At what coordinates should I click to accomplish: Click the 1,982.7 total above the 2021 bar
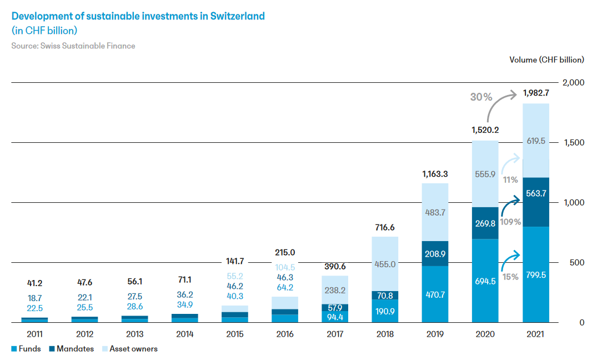coord(535,92)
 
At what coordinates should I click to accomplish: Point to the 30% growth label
coord(481,97)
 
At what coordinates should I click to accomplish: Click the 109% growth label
coord(510,222)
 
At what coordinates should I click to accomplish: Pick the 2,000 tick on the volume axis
coord(574,83)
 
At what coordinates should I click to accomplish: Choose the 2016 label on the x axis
coord(285,334)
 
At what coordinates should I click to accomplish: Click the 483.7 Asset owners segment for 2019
coord(434,212)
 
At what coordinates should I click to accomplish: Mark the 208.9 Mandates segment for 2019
coord(434,253)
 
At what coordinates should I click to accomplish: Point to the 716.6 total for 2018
coord(384,228)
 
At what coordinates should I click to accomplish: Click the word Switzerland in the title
coord(237,16)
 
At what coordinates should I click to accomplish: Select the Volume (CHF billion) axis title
coord(546,59)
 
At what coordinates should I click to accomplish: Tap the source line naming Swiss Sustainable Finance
coord(73,46)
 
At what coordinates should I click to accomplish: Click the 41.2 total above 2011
coord(34,283)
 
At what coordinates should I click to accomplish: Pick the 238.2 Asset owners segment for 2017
coord(334,290)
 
